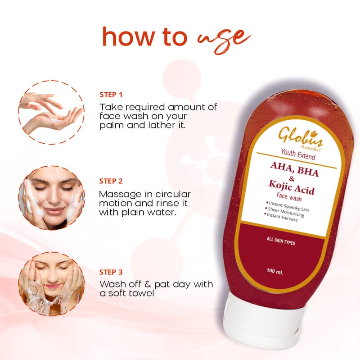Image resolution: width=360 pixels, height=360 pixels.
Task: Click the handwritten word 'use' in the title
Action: (224, 40)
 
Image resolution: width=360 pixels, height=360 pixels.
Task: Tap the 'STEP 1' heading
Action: (111, 95)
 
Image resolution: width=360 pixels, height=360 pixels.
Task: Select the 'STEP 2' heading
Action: (111, 181)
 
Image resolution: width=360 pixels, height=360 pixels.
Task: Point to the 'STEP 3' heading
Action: (111, 272)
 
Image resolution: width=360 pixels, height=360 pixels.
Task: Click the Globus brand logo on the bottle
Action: (300, 138)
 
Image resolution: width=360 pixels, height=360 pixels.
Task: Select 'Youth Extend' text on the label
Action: (298, 154)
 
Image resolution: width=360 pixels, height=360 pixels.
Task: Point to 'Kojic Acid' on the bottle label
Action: (291, 187)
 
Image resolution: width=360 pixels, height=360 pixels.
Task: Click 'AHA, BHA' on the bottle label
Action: (294, 169)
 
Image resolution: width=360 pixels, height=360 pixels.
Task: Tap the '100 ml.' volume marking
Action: (275, 271)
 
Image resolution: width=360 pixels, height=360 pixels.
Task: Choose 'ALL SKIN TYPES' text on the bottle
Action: (281, 241)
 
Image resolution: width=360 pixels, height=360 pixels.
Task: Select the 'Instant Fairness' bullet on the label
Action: (281, 217)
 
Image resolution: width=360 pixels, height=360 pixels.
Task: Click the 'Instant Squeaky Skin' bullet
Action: (288, 206)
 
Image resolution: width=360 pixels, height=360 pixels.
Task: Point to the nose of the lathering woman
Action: (53, 196)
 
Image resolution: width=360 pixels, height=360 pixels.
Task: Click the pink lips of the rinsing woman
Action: (53, 287)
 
